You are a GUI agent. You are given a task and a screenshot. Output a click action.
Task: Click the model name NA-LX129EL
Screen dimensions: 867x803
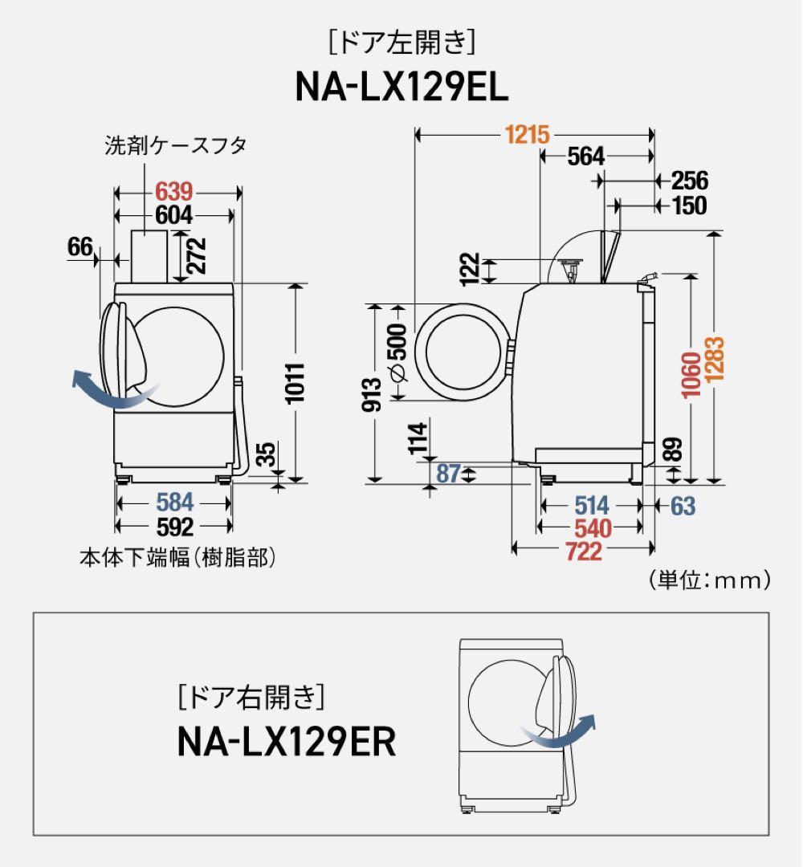401,88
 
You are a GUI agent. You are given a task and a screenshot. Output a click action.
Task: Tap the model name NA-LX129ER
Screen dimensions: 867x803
287,743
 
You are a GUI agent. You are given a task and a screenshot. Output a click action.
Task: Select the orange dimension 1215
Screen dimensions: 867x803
528,135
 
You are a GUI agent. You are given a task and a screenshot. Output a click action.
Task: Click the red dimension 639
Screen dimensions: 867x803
174,192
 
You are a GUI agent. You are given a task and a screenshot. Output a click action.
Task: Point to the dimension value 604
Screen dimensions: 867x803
174,215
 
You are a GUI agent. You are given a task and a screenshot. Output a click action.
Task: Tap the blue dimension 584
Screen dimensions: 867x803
174,503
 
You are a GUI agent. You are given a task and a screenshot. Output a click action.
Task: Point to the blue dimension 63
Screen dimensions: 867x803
683,506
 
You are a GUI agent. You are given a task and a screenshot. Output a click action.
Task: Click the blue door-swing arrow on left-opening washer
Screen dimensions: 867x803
104,390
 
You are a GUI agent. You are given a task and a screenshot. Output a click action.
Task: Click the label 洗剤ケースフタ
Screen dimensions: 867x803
175,145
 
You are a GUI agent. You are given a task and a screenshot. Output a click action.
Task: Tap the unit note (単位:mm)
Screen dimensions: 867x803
708,579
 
